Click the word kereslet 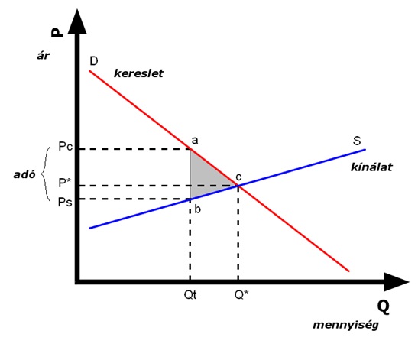tap(138, 73)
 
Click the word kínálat tap(371, 167)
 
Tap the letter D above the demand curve tap(94, 61)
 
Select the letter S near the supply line tap(357, 141)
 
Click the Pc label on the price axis tap(66, 147)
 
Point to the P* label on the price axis tap(65, 183)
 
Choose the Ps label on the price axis tap(65, 203)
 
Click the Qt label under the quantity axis tap(190, 295)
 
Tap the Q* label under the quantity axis tap(241, 295)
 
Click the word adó tap(24, 174)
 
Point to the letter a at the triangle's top tap(195, 141)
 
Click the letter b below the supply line tap(197, 209)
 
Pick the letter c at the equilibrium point tap(238, 177)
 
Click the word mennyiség tap(345, 325)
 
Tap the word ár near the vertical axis tap(44, 56)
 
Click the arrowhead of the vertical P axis tap(77, 22)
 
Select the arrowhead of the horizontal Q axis tap(396, 282)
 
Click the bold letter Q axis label tap(383, 307)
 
